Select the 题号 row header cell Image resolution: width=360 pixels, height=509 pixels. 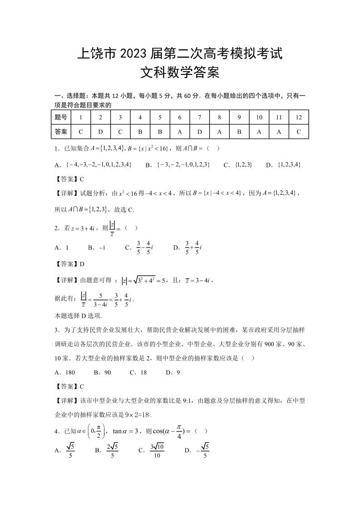(x=61, y=117)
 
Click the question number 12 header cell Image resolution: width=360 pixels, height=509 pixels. (x=298, y=117)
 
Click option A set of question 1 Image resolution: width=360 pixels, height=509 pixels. (x=93, y=165)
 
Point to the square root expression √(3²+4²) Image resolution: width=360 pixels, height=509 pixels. (x=139, y=281)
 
